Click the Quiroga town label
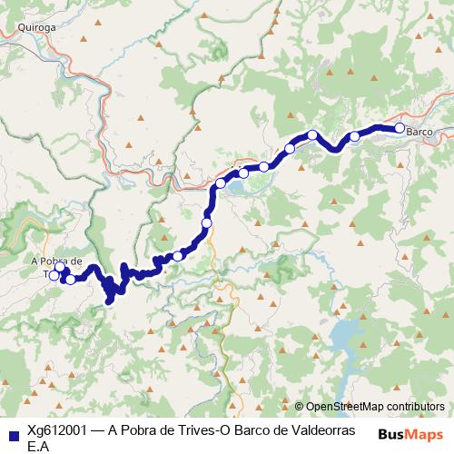(x=38, y=26)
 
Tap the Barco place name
(x=419, y=133)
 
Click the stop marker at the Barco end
(x=399, y=128)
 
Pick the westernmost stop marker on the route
(x=54, y=274)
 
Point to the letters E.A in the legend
(x=38, y=447)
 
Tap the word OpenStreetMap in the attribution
(x=345, y=407)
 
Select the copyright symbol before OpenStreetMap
(x=300, y=407)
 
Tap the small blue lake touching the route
(x=233, y=187)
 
